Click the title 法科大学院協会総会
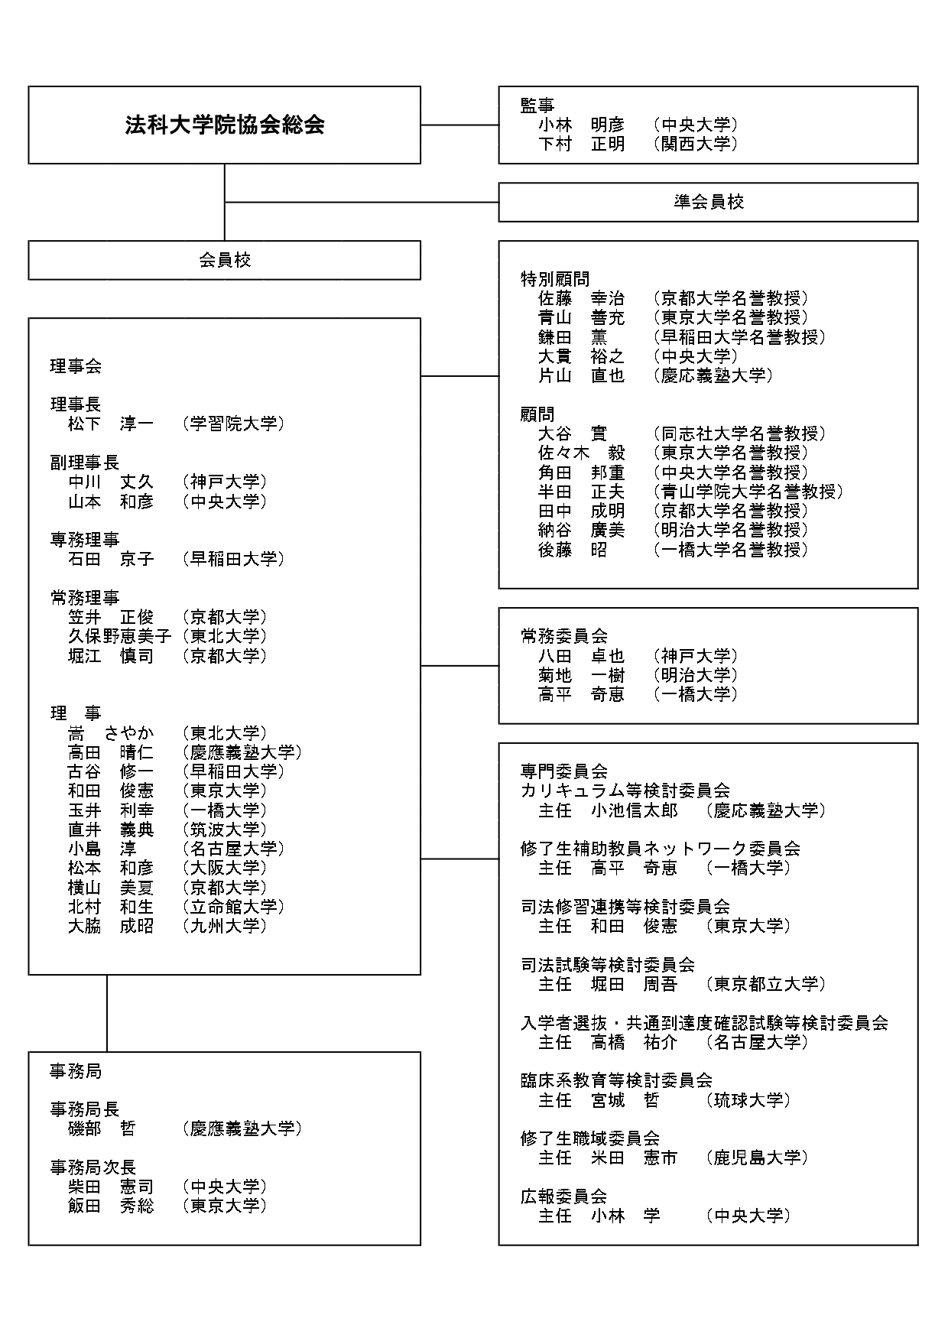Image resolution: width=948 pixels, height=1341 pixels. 225,125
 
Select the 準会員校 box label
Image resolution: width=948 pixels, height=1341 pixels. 709,202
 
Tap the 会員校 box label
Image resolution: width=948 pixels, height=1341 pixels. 225,260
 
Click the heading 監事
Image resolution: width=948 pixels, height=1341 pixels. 537,106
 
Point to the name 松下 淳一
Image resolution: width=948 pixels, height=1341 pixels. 111,424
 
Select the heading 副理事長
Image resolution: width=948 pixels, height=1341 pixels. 85,463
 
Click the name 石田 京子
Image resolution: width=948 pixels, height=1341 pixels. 111,559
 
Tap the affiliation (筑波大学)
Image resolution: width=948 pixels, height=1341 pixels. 225,830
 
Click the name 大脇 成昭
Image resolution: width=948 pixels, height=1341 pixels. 111,926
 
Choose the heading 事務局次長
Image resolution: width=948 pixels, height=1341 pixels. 93,1167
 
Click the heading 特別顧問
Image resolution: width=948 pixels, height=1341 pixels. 555,279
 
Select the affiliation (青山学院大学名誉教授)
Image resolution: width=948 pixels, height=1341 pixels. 748,492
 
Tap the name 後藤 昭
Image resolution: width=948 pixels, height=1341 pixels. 573,550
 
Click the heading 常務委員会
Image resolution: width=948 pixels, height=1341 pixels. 564,636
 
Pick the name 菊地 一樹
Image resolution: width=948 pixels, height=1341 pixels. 581,675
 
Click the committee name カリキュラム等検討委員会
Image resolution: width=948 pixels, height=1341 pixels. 625,791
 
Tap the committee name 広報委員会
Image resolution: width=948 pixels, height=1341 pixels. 564,1197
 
